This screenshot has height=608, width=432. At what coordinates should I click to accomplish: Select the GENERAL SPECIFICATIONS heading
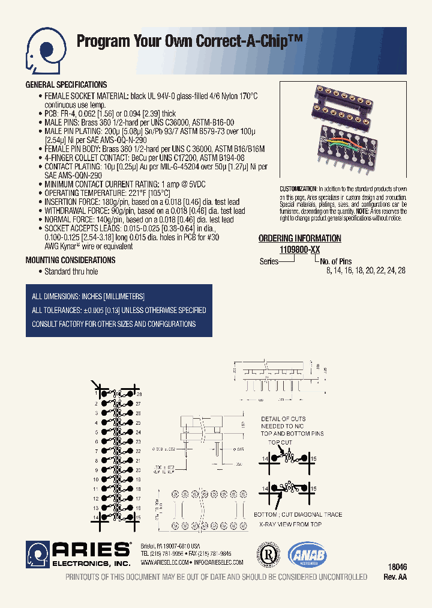point(66,85)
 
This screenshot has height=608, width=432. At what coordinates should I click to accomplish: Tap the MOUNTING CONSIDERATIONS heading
point(70,260)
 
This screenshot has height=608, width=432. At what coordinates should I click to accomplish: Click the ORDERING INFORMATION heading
point(299,239)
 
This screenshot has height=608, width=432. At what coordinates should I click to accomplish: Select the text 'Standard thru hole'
point(71,272)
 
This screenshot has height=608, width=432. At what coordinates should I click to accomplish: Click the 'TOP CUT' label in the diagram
point(280,442)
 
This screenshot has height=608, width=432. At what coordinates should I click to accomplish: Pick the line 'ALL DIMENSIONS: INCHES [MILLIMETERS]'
point(88,297)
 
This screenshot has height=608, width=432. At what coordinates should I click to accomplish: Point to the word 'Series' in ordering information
point(269,261)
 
